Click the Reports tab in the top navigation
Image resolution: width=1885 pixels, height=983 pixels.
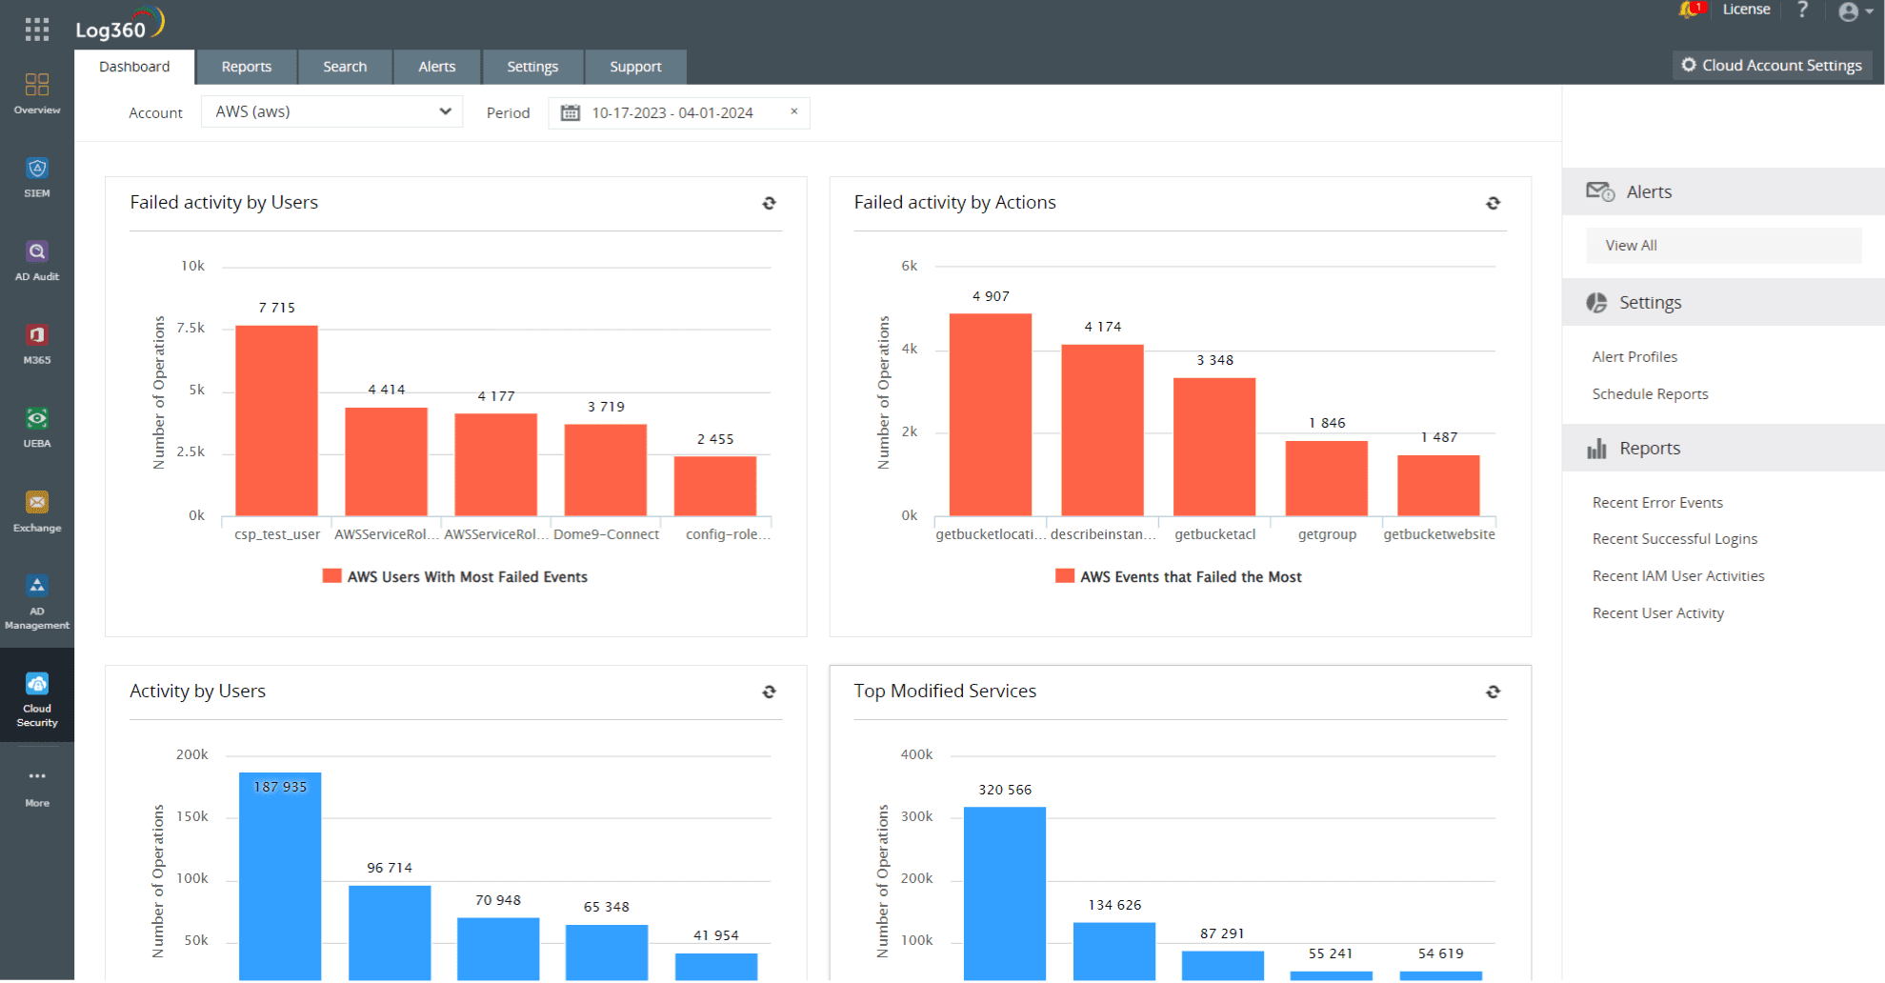click(246, 67)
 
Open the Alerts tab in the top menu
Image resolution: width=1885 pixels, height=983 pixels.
click(436, 67)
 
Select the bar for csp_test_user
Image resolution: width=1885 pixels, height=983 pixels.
click(276, 421)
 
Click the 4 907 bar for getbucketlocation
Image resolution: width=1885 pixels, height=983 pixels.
click(990, 414)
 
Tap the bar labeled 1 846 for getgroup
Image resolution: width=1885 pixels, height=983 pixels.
click(1326, 478)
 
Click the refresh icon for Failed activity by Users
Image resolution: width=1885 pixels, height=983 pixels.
click(769, 203)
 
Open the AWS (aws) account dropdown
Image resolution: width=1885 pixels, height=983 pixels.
click(331, 111)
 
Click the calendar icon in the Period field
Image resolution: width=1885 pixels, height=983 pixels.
click(570, 112)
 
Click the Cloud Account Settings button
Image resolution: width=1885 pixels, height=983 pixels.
click(1772, 65)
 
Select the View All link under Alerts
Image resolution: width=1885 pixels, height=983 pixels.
click(1631, 245)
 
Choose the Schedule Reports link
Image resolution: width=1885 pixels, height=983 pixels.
click(1650, 393)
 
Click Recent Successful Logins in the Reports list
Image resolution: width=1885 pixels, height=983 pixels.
click(1674, 538)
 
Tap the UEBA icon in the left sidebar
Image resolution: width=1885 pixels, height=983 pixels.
click(37, 427)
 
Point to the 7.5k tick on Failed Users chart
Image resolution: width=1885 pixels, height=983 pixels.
click(191, 328)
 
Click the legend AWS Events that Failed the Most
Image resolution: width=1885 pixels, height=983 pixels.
click(1190, 576)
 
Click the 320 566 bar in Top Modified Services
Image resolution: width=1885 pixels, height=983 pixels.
click(1004, 892)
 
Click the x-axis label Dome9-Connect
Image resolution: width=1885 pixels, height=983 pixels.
click(606, 534)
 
